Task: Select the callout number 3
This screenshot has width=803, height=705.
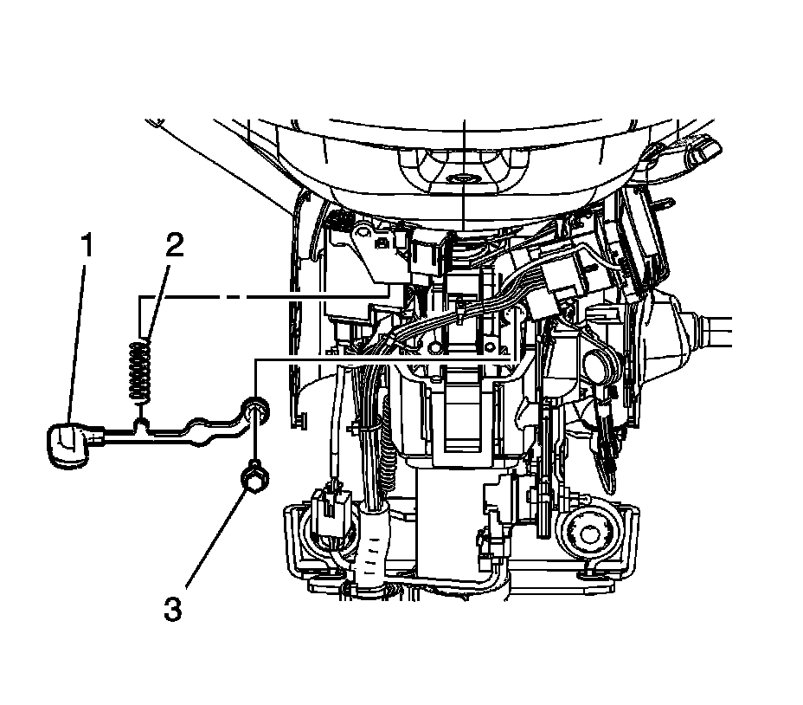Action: [x=173, y=609]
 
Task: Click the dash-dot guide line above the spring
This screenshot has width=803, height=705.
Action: [x=260, y=297]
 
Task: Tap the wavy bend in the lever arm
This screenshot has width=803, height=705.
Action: [x=198, y=430]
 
